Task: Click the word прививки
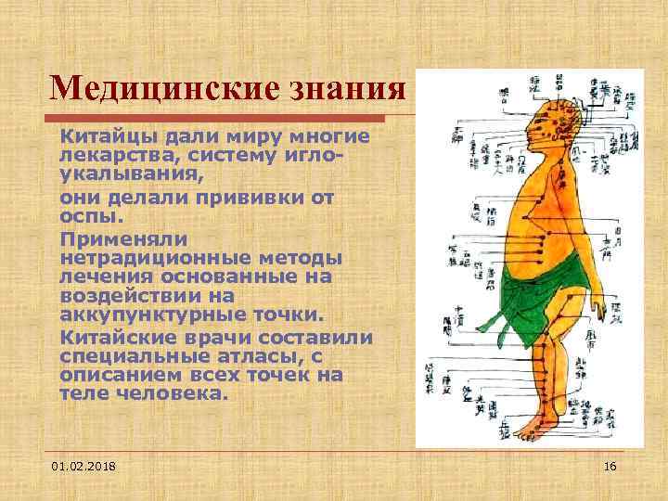coord(250,198)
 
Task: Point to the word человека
coord(172,392)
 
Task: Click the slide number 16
coord(610,464)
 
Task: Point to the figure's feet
coord(536,426)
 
